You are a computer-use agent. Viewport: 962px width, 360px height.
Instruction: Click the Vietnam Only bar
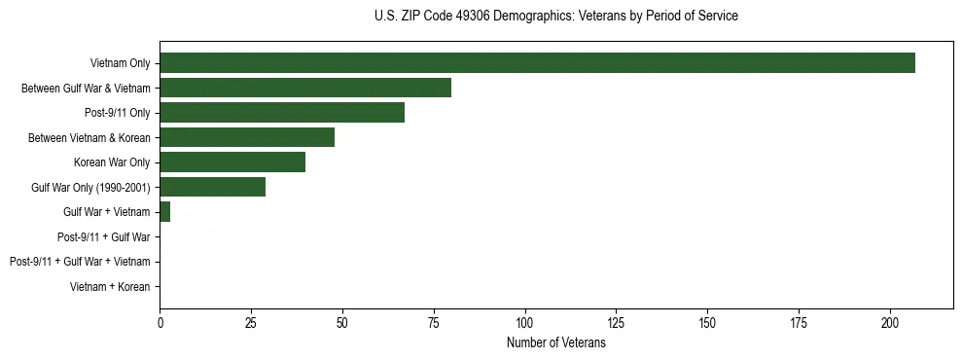tap(537, 63)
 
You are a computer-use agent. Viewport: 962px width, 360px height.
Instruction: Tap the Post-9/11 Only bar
tap(282, 113)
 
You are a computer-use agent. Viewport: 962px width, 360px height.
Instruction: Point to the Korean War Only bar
tap(232, 162)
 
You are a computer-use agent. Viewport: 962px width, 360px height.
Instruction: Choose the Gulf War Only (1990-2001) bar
tap(212, 187)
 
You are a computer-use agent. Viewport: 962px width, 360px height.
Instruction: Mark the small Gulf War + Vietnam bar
tap(165, 211)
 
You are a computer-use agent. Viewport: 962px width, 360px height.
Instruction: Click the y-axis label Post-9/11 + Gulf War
tap(103, 236)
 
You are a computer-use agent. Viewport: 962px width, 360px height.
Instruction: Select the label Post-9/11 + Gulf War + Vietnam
tap(80, 262)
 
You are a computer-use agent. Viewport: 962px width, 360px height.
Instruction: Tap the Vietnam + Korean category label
tap(110, 287)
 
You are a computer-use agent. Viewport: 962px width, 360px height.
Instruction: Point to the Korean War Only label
tap(112, 162)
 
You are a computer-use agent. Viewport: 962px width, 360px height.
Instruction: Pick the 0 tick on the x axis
tap(160, 322)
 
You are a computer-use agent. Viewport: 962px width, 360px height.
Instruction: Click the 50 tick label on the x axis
tap(342, 322)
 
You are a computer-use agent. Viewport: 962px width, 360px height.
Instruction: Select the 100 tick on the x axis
tap(525, 322)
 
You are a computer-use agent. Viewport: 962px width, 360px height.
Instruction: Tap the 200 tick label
tap(890, 322)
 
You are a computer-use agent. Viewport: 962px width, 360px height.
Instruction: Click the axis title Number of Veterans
tap(555, 342)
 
